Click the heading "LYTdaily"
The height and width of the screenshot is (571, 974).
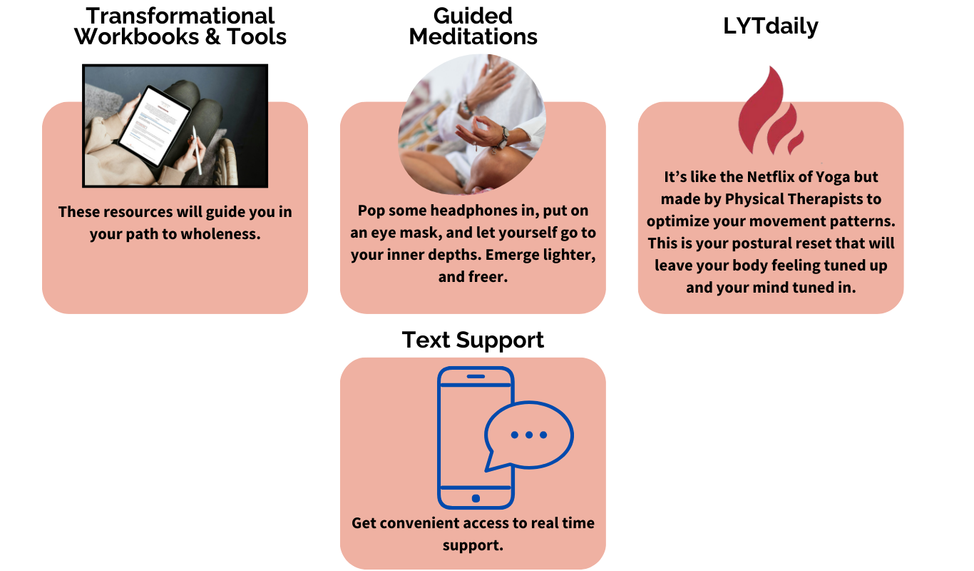[x=771, y=26]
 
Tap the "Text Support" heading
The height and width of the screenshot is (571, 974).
[x=473, y=340]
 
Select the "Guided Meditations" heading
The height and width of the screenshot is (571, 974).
[x=473, y=26]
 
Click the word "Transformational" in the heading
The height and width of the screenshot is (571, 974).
[x=180, y=16]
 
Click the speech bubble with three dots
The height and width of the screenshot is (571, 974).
[x=529, y=435]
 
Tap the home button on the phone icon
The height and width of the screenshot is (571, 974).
[x=476, y=498]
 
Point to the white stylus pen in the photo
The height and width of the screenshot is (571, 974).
[x=197, y=150]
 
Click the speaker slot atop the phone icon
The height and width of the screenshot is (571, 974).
[x=476, y=376]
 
